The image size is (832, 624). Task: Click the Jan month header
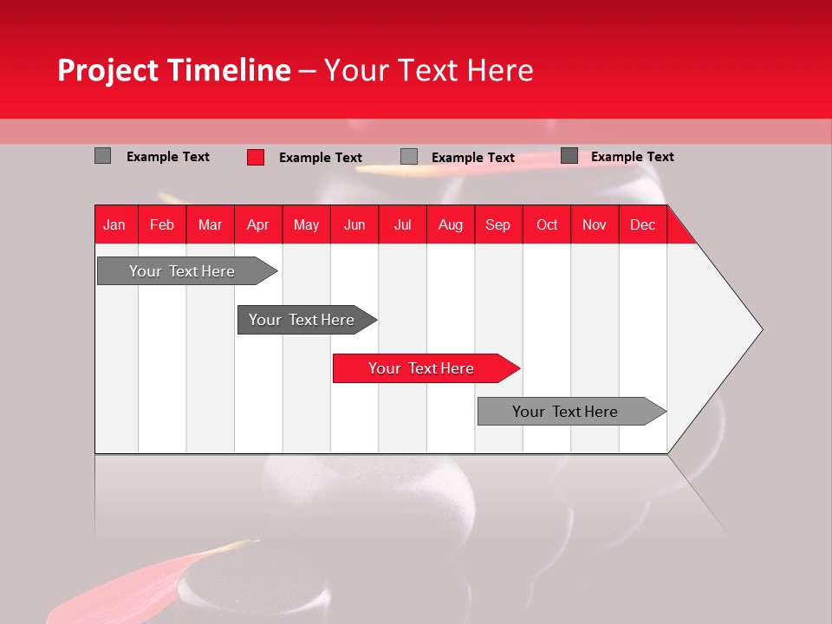tap(115, 224)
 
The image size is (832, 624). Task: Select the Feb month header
tap(162, 224)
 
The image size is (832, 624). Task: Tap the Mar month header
tap(210, 224)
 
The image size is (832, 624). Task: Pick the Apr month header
tap(257, 224)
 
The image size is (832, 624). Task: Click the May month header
tap(306, 224)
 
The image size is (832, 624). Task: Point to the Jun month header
tap(354, 224)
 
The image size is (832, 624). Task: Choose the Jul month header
tap(402, 224)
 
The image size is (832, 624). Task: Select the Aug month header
tap(450, 224)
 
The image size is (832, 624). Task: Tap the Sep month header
tap(497, 224)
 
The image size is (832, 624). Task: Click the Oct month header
tap(547, 224)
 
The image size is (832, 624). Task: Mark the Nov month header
tap(595, 224)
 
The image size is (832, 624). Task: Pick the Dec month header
tap(642, 224)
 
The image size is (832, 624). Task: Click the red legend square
tap(256, 157)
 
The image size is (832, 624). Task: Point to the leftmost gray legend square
tap(103, 156)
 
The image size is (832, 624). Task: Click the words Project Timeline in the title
tap(173, 70)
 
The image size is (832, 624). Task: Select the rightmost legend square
tap(569, 156)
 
